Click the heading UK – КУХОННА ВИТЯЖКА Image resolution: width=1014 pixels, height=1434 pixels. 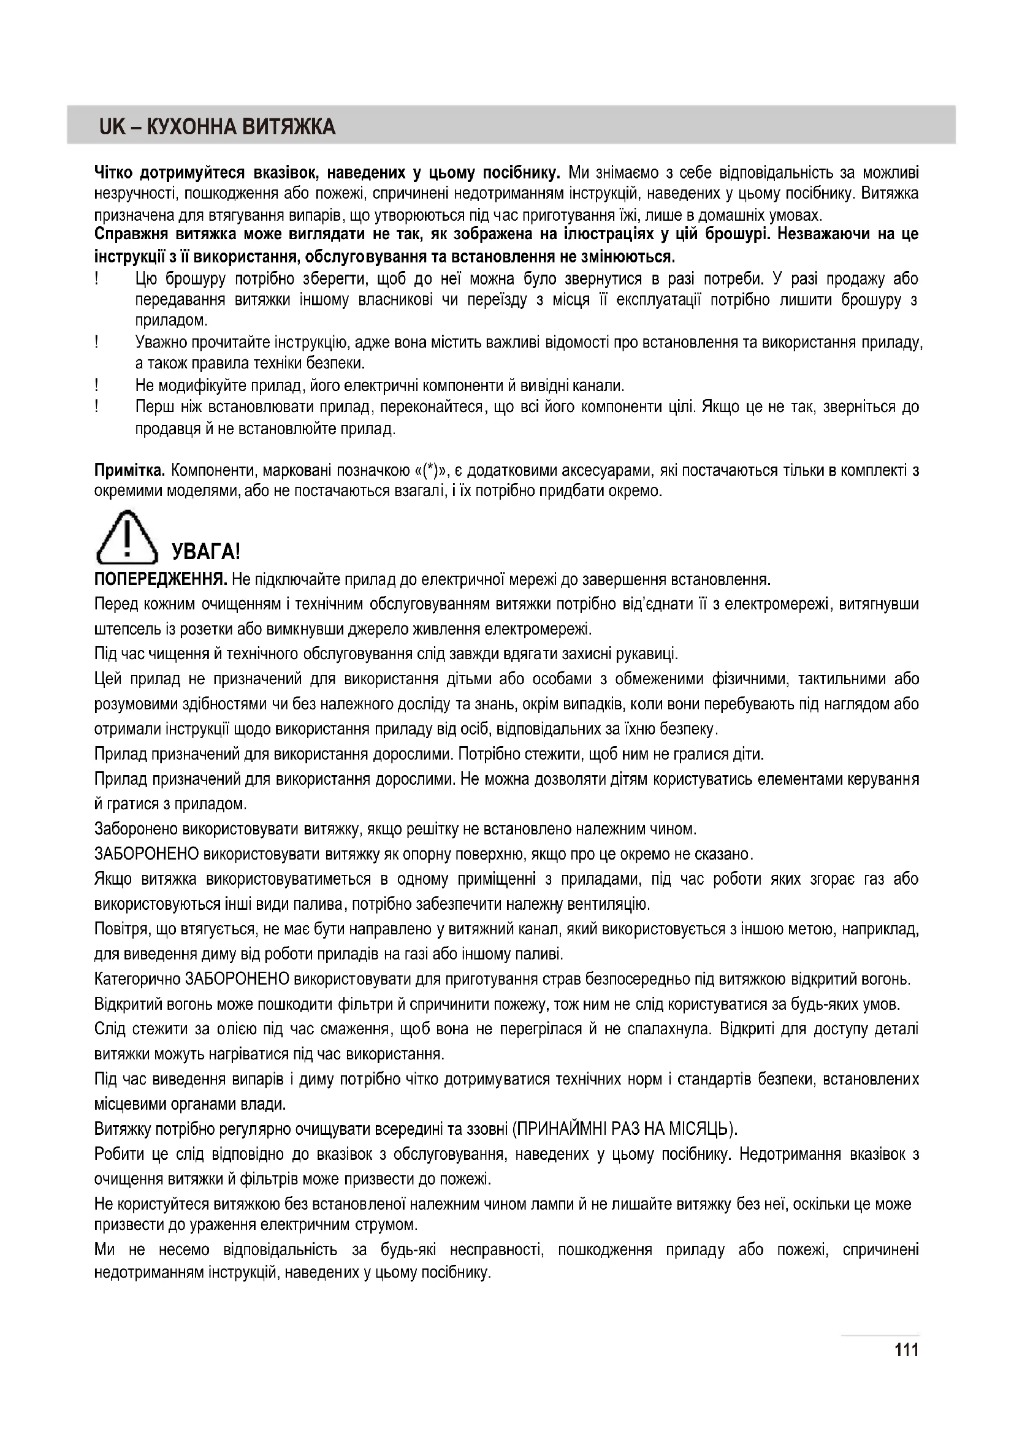216,127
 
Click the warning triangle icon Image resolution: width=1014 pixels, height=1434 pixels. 126,538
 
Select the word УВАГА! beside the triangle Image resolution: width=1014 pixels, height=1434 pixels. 205,552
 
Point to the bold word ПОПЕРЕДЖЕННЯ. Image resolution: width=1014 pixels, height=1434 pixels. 161,579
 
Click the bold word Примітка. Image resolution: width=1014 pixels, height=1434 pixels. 129,470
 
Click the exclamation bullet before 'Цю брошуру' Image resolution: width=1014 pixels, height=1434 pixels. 97,278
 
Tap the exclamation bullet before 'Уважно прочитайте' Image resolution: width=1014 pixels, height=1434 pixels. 97,341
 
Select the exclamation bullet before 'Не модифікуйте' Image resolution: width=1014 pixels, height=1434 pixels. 97,385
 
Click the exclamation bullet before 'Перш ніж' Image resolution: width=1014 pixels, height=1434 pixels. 97,406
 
